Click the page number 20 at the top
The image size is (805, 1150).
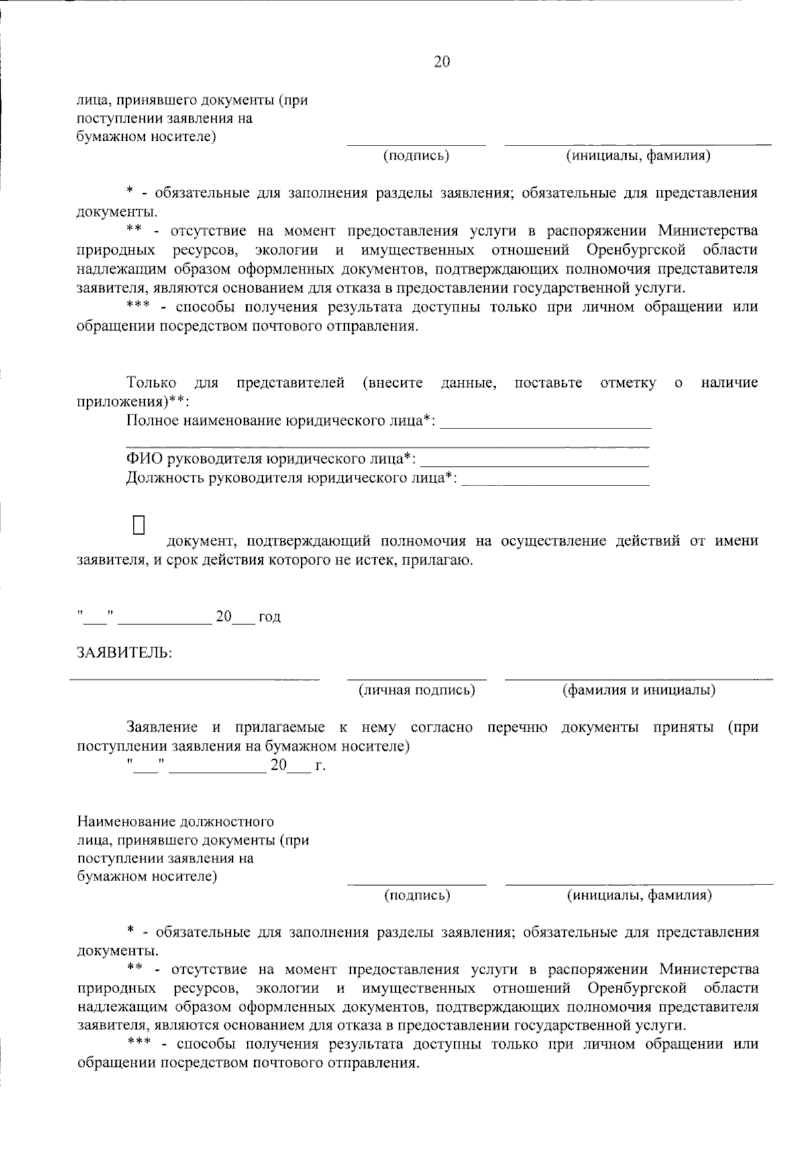coord(442,62)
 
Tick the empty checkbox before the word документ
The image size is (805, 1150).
coord(140,525)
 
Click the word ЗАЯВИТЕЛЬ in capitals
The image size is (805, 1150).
coord(125,653)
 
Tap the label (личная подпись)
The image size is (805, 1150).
coord(417,690)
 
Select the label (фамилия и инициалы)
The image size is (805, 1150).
coord(639,690)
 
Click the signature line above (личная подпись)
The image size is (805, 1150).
coord(417,678)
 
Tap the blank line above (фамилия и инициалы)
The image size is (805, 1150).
coord(639,678)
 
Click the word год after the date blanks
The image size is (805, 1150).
coord(270,617)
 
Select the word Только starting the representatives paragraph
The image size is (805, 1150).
coord(152,383)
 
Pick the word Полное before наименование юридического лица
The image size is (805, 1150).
coord(152,421)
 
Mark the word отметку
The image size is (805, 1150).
coord(629,383)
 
